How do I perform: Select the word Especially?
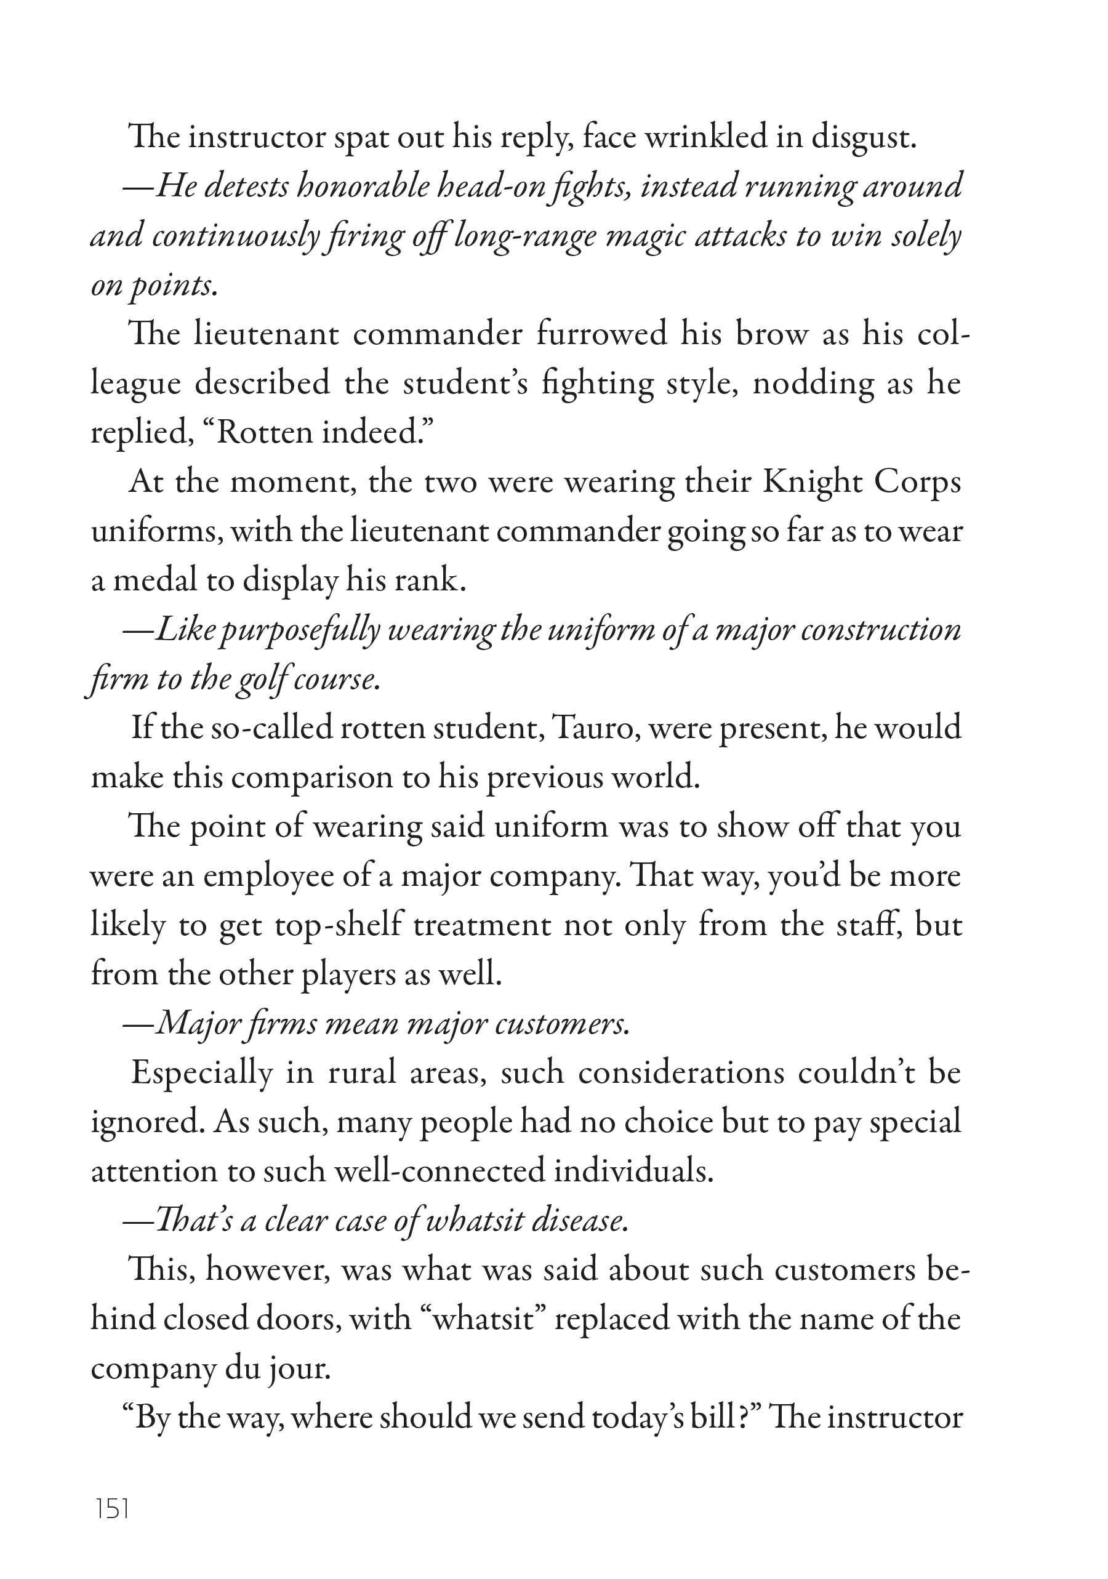202,1073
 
